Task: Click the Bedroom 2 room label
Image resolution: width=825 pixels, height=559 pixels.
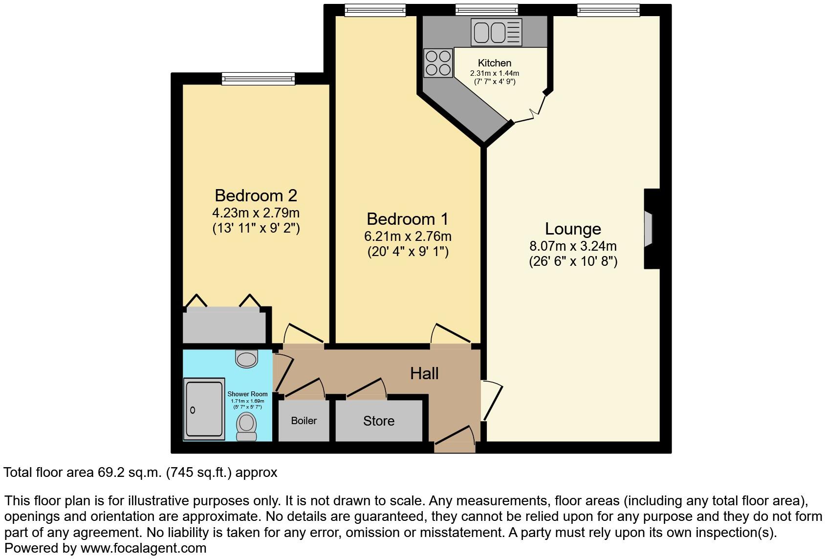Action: (256, 195)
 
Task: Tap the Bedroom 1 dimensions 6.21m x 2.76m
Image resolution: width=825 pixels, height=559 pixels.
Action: (408, 236)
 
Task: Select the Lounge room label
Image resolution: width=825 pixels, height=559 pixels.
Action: (573, 229)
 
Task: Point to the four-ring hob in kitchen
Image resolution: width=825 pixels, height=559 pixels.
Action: (438, 63)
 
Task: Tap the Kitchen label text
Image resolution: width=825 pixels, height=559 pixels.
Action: (495, 63)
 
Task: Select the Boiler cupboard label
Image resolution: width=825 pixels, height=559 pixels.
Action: (304, 421)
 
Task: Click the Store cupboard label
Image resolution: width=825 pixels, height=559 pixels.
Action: (378, 421)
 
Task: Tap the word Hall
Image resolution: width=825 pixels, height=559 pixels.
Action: (424, 373)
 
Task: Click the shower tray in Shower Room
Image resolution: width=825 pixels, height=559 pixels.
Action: (204, 408)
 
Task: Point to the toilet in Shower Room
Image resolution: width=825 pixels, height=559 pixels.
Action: (246, 426)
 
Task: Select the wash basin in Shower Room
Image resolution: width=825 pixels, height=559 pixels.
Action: (246, 359)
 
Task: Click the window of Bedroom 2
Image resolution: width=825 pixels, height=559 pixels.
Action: (258, 78)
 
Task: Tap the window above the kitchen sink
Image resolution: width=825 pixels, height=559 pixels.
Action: (486, 10)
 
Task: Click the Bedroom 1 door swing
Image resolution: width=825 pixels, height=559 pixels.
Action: (450, 334)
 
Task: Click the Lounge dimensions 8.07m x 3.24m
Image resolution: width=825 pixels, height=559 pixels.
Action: (573, 246)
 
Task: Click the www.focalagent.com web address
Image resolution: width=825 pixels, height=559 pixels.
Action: (143, 548)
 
